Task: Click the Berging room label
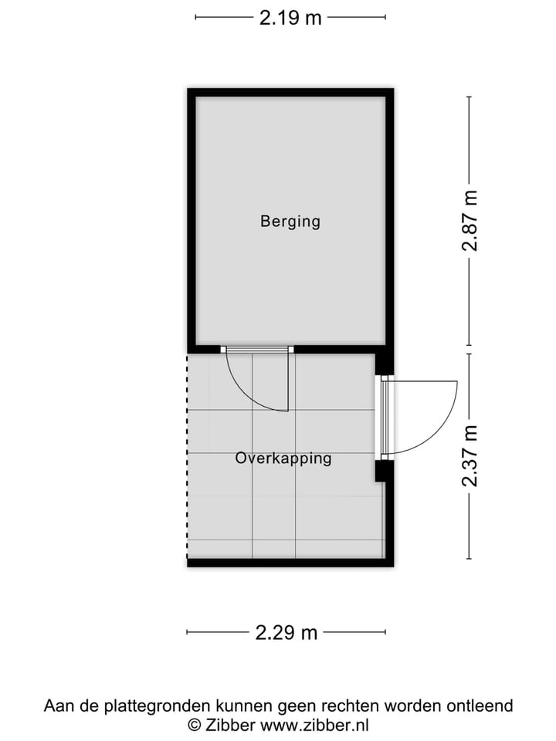pos(290,222)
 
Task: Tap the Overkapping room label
pos(283,458)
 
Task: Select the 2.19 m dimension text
pos(290,17)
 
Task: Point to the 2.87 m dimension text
pos(470,221)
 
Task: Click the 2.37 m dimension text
pos(470,456)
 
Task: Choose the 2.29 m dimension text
pos(286,633)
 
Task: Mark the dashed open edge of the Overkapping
pos(187,455)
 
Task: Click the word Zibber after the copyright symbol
pos(229,725)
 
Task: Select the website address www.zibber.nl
pos(314,725)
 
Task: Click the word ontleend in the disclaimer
pos(483,705)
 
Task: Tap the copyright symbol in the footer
pos(195,725)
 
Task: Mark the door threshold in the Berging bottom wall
pos(256,350)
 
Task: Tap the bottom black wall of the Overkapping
pos(290,563)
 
